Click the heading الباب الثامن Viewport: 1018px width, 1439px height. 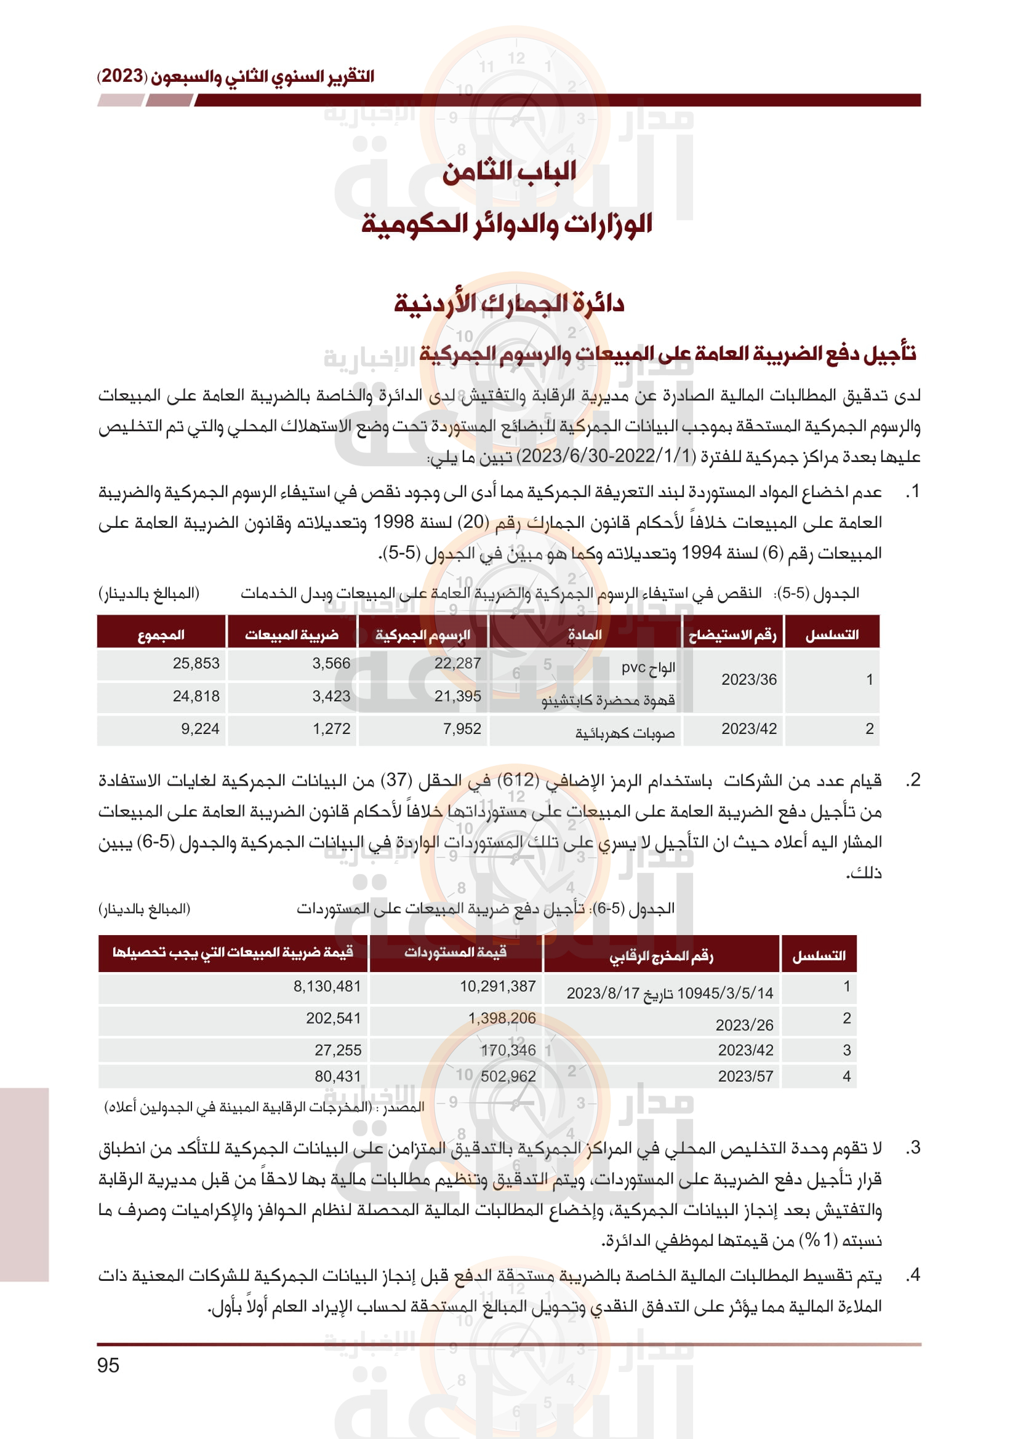pyautogui.click(x=509, y=172)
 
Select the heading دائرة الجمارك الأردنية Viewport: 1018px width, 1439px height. pyautogui.click(x=509, y=304)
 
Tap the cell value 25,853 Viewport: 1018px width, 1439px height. pyautogui.click(x=196, y=663)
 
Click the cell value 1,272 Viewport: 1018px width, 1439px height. pyautogui.click(x=332, y=728)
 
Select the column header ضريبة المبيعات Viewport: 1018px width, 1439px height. pyautogui.click(x=292, y=635)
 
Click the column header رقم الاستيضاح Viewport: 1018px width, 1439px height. pyautogui.click(x=732, y=635)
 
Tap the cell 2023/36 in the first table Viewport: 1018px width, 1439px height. pyautogui.click(x=748, y=679)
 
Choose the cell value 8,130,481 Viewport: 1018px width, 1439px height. pyautogui.click(x=327, y=986)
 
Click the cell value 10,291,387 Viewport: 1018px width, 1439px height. pyautogui.click(x=498, y=986)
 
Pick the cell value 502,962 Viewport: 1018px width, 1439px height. pyautogui.click(x=508, y=1076)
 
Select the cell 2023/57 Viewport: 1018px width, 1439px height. pyautogui.click(x=745, y=1076)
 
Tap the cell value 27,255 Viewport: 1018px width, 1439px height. pyautogui.click(x=338, y=1050)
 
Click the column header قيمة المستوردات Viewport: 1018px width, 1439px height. pyautogui.click(x=455, y=952)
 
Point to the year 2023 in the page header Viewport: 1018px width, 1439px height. pyautogui.click(x=122, y=76)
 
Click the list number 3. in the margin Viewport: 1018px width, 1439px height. pyautogui.click(x=913, y=1147)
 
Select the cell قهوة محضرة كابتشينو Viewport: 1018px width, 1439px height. pyautogui.click(x=608, y=700)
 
